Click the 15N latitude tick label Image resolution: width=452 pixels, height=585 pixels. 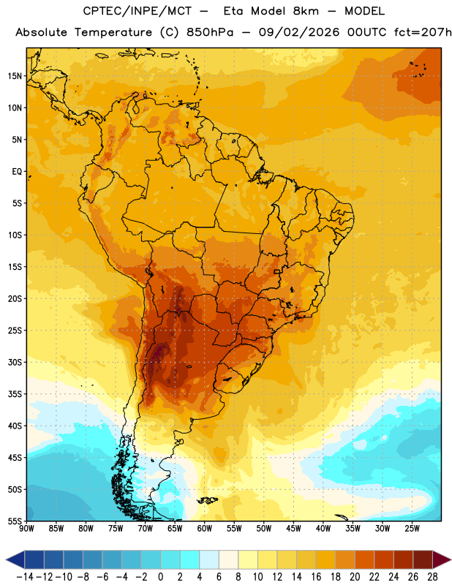point(15,76)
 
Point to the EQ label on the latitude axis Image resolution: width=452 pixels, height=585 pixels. point(17,172)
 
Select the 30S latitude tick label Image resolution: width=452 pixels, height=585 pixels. point(15,362)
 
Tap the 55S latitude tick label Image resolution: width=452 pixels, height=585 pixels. point(15,521)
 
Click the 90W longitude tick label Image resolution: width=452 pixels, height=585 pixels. point(26,529)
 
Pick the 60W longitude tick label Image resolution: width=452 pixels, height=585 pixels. point(205,529)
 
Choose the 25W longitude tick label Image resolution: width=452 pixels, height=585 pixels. point(412,529)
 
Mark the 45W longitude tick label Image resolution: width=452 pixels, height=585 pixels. point(293,529)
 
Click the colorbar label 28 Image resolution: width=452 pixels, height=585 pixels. point(432,577)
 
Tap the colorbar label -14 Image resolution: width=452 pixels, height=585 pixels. point(25,577)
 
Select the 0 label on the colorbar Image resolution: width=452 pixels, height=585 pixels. point(160,577)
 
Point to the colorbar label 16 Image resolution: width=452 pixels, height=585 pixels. point(316,577)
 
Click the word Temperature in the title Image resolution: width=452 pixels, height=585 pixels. point(113,32)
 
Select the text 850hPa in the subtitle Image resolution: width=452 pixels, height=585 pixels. point(210,32)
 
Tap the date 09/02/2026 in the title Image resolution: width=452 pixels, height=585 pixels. point(299,32)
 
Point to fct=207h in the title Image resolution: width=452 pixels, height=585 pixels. point(423,32)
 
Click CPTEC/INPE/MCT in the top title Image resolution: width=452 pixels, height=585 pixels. point(138,11)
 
